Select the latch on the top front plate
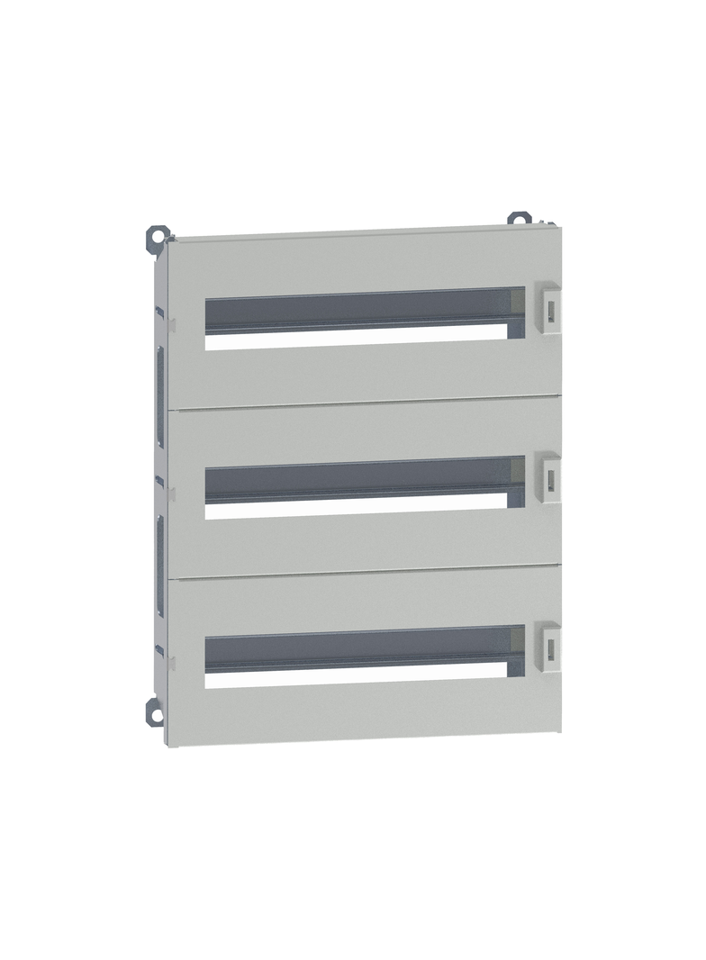click(547, 306)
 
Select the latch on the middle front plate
click(547, 475)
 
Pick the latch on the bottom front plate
click(547, 642)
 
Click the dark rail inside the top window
click(360, 310)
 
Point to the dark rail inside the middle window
click(360, 478)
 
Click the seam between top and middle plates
click(360, 402)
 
